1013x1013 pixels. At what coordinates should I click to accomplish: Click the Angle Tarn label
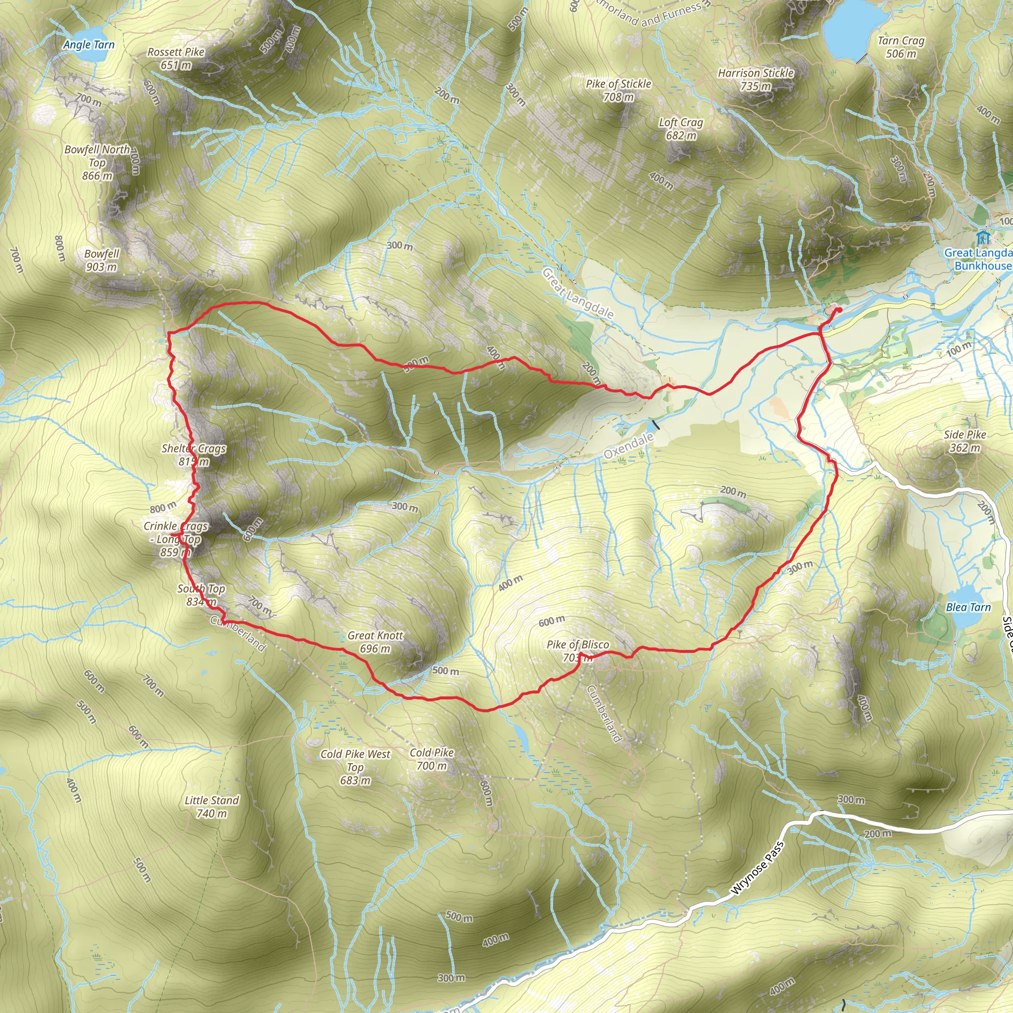point(89,45)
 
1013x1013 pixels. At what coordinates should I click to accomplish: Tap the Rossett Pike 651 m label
point(176,59)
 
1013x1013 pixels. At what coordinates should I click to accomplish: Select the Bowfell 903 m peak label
point(102,260)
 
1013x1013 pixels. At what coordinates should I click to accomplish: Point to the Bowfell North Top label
point(97,163)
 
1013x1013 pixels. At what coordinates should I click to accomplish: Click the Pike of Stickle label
point(618,90)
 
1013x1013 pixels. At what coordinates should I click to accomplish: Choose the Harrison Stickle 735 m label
point(756,80)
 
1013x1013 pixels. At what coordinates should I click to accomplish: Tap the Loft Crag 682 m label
point(681,129)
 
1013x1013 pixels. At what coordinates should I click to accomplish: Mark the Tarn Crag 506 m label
point(901,47)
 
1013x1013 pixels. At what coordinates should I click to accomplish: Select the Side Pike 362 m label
point(965,441)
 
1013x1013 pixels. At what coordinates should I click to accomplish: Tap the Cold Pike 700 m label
point(431,759)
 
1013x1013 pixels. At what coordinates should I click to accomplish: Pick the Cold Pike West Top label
point(356,767)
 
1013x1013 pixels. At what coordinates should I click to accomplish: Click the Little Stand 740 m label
point(211,807)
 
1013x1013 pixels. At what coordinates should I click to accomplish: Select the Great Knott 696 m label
point(375,642)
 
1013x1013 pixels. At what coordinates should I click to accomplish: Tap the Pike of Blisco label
point(578,651)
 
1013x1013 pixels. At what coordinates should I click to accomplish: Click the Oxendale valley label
point(628,446)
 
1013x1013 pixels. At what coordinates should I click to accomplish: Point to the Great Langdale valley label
point(577,293)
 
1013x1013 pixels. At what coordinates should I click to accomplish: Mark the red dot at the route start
point(839,310)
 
